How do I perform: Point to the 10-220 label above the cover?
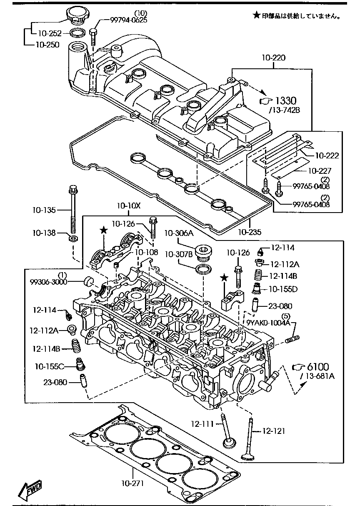(274, 58)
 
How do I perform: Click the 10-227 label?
(320, 170)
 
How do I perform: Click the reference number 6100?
(317, 367)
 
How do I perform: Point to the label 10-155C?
(49, 366)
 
